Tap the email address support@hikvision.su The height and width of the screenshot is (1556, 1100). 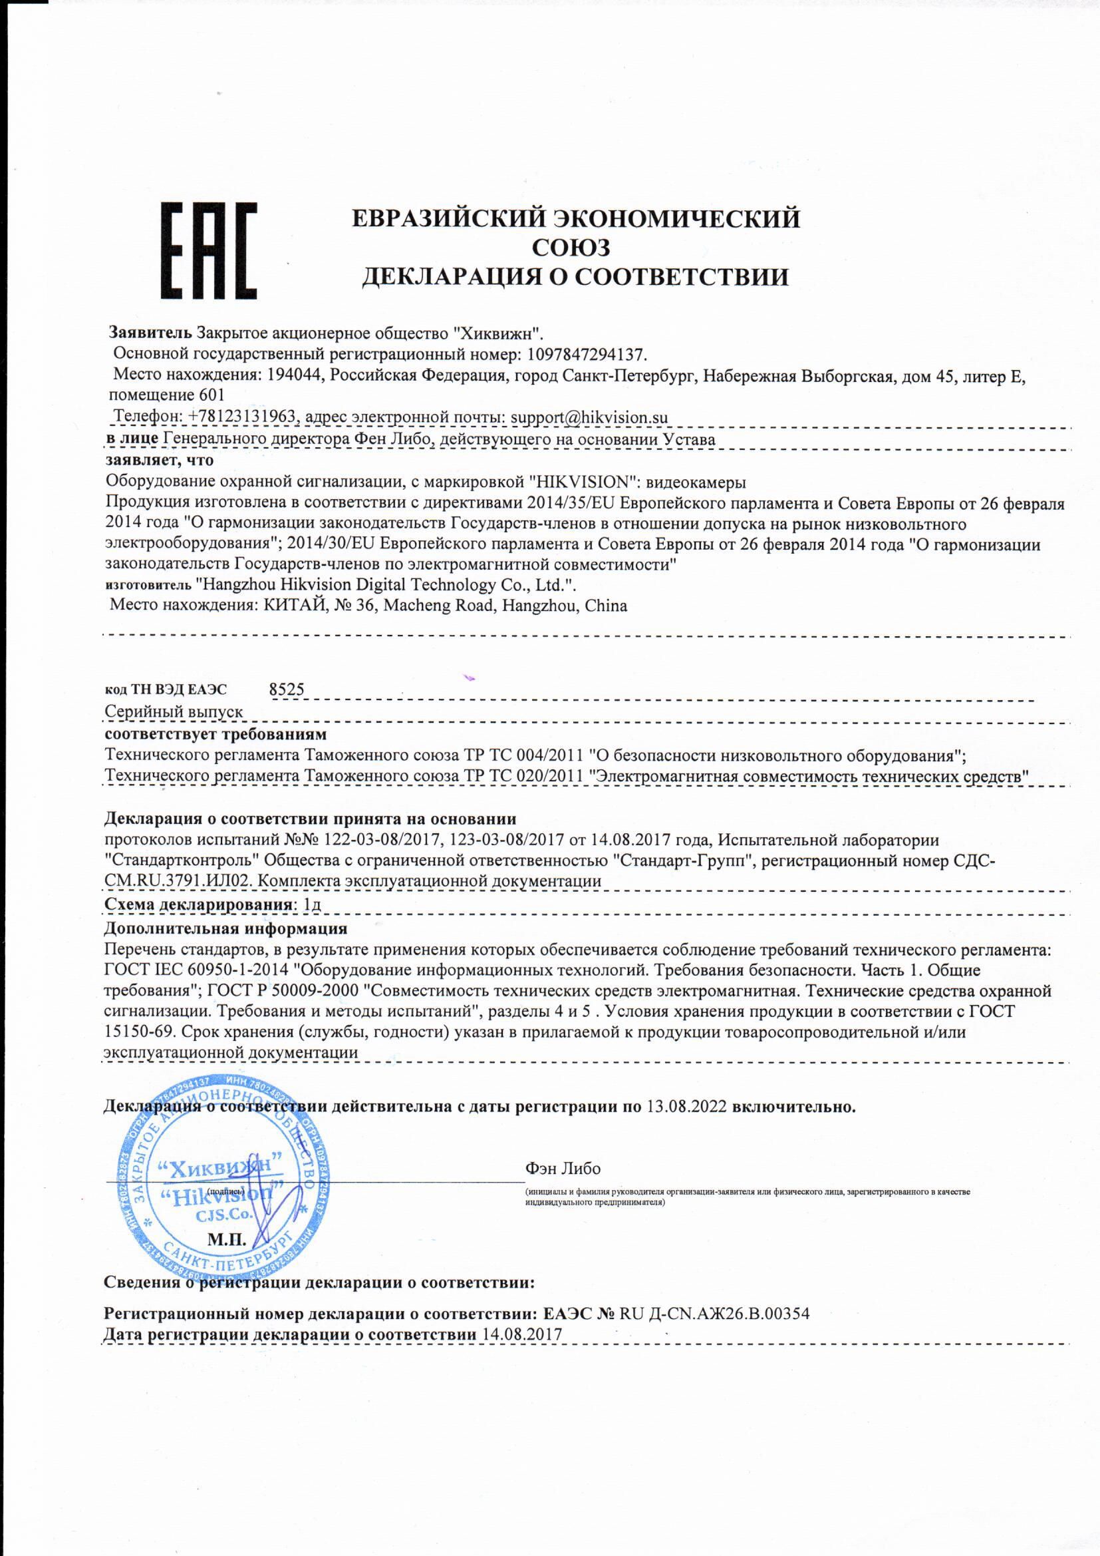tap(589, 417)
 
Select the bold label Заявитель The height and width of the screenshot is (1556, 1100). tap(151, 333)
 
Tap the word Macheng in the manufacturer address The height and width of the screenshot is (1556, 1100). tap(414, 605)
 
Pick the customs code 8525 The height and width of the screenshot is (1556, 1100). tap(287, 689)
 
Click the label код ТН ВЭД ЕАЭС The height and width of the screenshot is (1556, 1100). tap(166, 690)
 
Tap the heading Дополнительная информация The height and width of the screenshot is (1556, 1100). tap(225, 928)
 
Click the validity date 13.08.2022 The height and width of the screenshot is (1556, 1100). tap(687, 1107)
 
